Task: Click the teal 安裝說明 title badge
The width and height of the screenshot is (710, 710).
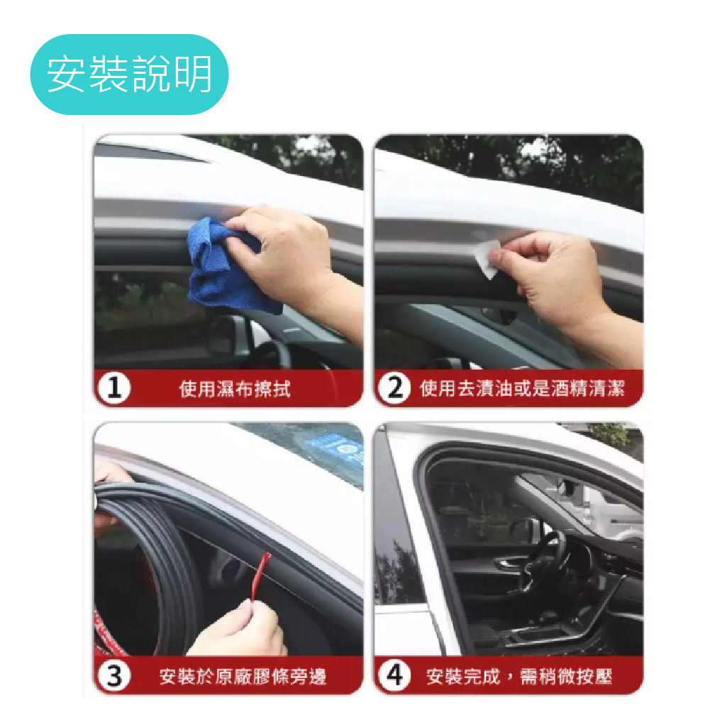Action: pos(129,74)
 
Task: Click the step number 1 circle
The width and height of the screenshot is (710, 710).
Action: pos(113,388)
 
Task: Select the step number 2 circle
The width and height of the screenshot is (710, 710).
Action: pos(395,388)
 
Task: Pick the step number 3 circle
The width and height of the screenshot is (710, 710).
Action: pos(113,676)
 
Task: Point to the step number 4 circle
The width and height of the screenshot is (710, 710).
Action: pos(395,675)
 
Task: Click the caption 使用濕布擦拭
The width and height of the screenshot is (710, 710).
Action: pos(235,389)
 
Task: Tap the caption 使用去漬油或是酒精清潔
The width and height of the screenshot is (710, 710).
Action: pos(522,389)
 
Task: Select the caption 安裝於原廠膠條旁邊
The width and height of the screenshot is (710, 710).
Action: pos(243,677)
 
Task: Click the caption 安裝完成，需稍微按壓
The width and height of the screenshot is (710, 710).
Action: pos(519,677)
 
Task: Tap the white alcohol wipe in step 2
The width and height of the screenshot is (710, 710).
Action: pos(487,258)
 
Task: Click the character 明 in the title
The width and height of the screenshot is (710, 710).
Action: pos(194,74)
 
